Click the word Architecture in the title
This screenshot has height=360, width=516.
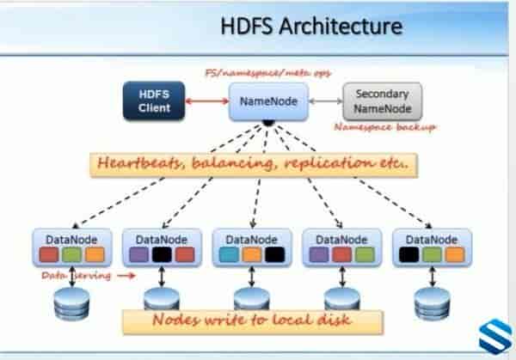pos(347,27)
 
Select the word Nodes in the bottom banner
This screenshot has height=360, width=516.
pos(176,321)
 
